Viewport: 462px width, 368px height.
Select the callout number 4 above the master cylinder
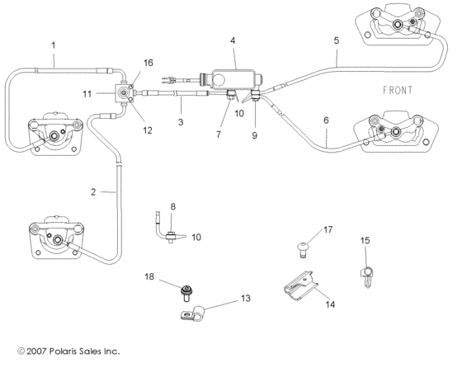pyautogui.click(x=233, y=40)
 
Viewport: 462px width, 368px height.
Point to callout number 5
pyautogui.click(x=336, y=40)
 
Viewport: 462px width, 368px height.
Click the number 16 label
pyautogui.click(x=148, y=63)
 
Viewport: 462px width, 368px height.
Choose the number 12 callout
pyautogui.click(x=148, y=129)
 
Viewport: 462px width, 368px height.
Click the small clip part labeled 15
pyautogui.click(x=366, y=271)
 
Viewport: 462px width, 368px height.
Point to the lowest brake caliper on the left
pyautogui.click(x=56, y=240)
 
